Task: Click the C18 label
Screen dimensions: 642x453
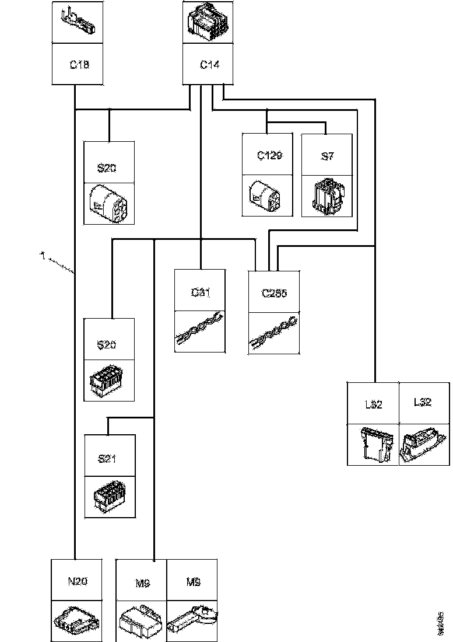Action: [x=79, y=65]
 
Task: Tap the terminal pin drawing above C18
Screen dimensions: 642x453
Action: [x=79, y=22]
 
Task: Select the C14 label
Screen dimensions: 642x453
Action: [x=210, y=65]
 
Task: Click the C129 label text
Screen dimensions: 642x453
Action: [x=269, y=156]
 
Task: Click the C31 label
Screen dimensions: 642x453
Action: [x=200, y=292]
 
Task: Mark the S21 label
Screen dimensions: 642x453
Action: [x=107, y=458]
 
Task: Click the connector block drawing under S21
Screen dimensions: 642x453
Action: [x=109, y=496]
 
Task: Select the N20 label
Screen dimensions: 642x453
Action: [x=77, y=581]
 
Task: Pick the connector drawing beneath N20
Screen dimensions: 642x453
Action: [x=76, y=620]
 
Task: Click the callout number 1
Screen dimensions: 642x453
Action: [x=43, y=255]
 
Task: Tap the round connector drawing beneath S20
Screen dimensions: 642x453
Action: [x=109, y=203]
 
